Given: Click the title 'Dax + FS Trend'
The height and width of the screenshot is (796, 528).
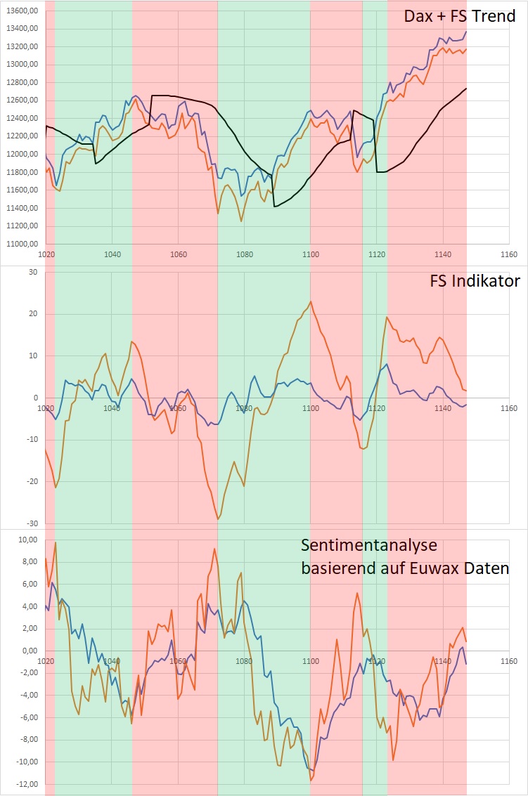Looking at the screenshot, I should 459,16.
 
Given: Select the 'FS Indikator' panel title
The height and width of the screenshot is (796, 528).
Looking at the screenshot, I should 475,282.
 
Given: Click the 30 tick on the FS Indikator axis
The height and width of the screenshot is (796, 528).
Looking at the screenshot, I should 32,272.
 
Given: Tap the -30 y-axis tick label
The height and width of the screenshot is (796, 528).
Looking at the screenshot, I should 31,523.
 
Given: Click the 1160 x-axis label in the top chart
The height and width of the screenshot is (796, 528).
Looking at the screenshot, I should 508,254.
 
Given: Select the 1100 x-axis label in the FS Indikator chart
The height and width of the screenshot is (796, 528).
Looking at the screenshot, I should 310,408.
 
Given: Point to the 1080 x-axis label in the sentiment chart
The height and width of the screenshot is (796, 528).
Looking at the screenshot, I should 244,661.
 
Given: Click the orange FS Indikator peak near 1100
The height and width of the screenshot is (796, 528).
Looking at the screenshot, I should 311,301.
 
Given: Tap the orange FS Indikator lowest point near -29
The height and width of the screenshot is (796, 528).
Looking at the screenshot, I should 218,519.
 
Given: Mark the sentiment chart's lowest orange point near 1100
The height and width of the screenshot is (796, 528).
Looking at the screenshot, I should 311,780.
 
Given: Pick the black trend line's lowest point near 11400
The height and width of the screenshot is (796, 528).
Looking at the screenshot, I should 274,207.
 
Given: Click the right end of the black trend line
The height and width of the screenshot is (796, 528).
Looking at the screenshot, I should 466,89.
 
